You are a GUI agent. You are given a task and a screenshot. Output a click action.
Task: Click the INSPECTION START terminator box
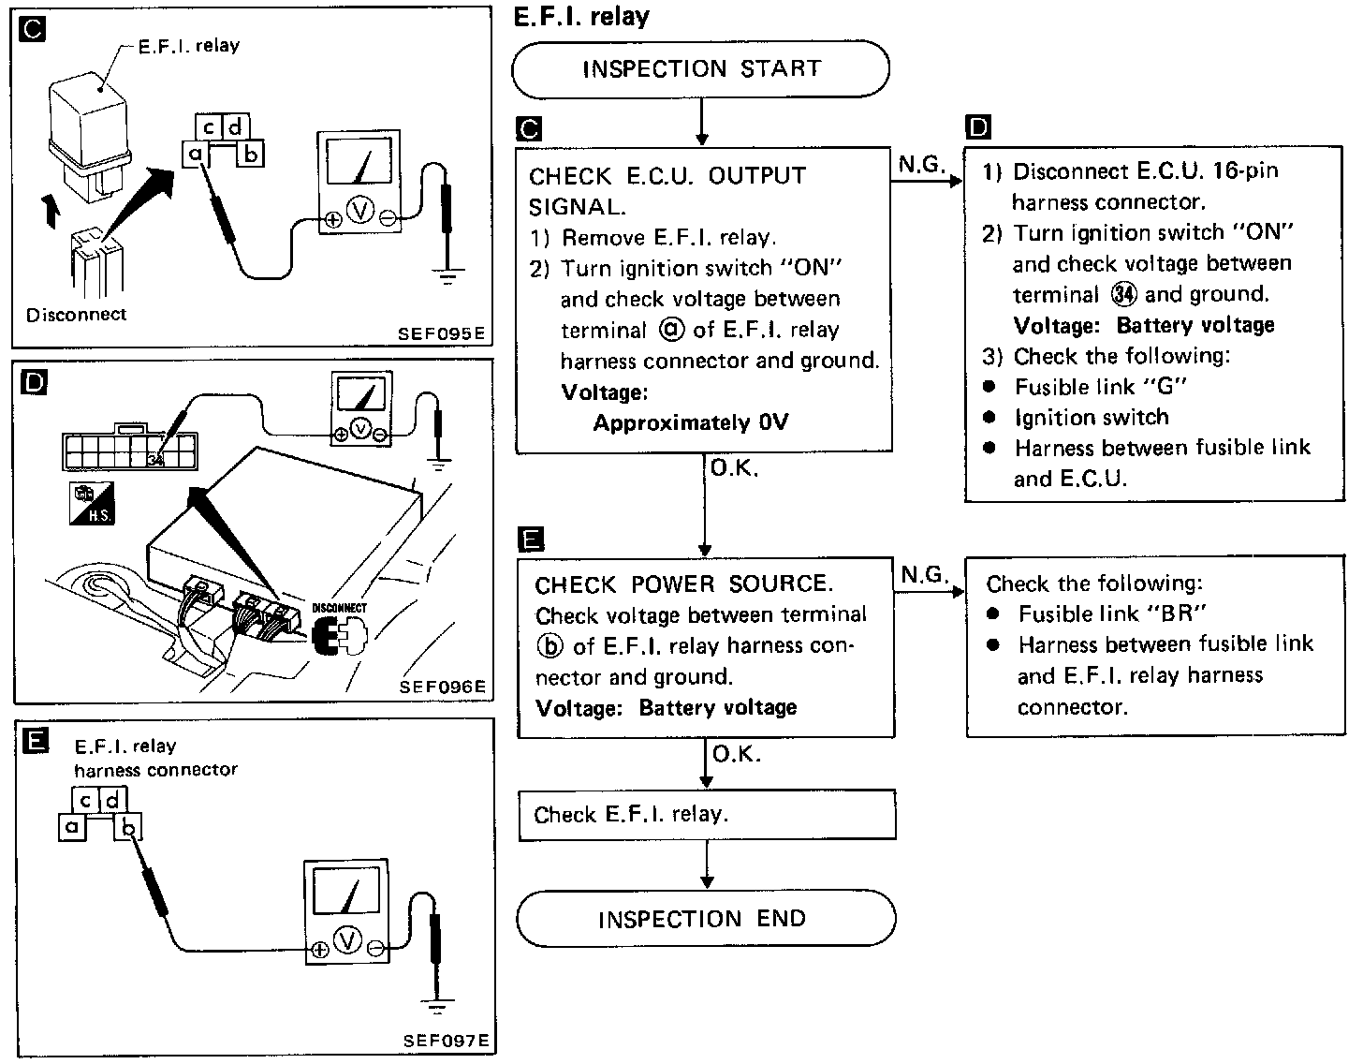tap(700, 68)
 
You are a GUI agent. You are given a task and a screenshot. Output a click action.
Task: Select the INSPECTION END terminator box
tap(705, 918)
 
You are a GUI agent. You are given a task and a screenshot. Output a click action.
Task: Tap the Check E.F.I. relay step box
tap(707, 814)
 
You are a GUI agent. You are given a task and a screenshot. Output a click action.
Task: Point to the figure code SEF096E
tap(442, 687)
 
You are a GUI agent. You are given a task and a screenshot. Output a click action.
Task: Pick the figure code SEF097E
tap(446, 1041)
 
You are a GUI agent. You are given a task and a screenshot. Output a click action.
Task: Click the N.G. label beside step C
tap(921, 166)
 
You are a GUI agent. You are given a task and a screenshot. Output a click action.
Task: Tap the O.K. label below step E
tap(737, 754)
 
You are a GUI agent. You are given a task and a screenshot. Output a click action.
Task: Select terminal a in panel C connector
tap(196, 153)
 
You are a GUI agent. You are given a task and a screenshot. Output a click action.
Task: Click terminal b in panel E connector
tap(128, 826)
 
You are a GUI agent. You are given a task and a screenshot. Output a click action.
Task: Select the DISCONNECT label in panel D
tap(339, 608)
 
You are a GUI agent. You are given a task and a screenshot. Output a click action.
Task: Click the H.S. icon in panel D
tap(92, 504)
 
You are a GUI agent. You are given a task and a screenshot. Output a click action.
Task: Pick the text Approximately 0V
tap(691, 422)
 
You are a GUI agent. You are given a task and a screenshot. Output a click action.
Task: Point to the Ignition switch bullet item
tap(1091, 417)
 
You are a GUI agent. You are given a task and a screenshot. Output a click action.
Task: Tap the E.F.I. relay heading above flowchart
tap(581, 16)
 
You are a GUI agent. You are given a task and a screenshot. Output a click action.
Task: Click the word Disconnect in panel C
tap(76, 315)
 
